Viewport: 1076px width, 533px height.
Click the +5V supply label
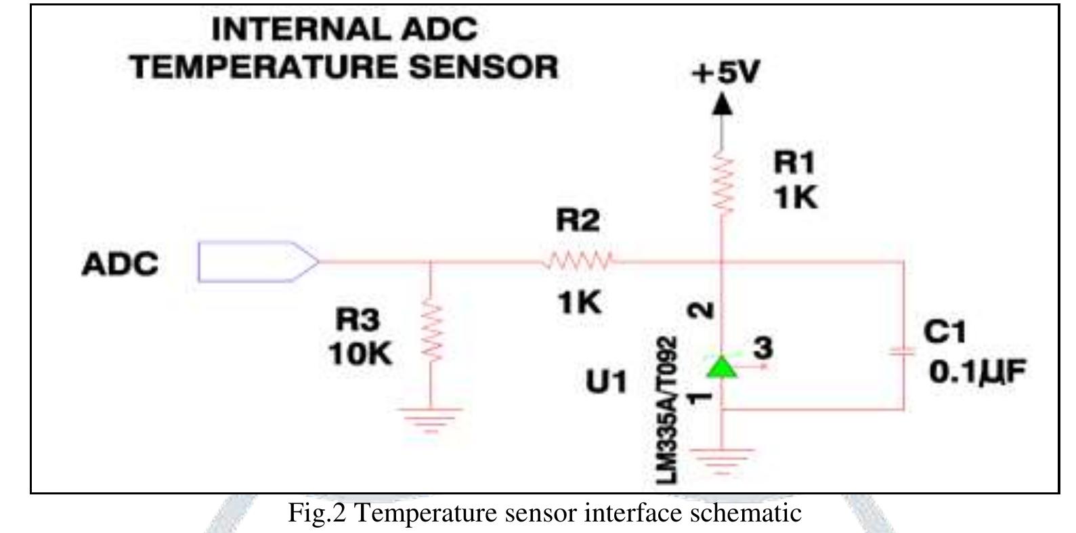point(725,72)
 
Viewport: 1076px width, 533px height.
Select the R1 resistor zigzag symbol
point(722,182)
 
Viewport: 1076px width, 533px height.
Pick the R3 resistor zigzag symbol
point(431,332)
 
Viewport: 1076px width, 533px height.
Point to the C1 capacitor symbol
point(903,353)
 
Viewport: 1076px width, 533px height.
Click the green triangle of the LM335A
point(722,366)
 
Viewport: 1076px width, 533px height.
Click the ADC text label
point(120,264)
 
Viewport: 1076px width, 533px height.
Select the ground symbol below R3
point(431,421)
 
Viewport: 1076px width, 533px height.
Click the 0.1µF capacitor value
point(977,372)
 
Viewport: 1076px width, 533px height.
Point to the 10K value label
point(360,354)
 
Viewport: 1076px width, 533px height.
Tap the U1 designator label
point(606,382)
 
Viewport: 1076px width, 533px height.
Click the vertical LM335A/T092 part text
point(667,410)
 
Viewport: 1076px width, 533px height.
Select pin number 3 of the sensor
point(763,348)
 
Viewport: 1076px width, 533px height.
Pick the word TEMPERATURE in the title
point(263,67)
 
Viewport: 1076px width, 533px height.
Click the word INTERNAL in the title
point(301,29)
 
